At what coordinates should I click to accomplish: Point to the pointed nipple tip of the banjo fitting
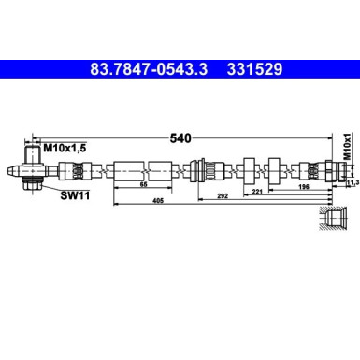9,171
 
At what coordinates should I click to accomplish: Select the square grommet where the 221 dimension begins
248,171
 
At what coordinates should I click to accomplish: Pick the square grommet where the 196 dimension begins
278,171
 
